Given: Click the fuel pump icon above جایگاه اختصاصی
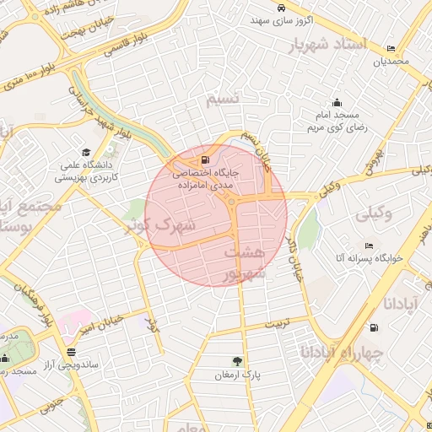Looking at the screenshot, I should pos(205,159).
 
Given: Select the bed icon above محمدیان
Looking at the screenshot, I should pos(389,48).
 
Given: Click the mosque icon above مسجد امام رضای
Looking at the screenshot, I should pos(337,102).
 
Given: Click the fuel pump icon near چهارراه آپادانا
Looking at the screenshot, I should pos(373,327).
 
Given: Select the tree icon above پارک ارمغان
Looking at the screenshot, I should pos(237,361).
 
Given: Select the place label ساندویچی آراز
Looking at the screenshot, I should pos(100,365).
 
